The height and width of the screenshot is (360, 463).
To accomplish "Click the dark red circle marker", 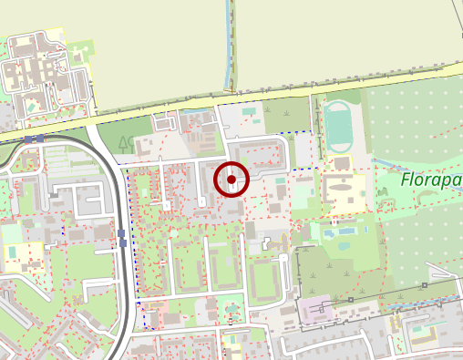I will (x=231, y=180).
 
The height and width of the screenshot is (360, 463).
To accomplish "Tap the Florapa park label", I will (x=430, y=180).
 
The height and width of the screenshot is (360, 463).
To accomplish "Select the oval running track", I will (x=339, y=127).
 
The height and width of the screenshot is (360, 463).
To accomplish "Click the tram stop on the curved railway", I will (x=121, y=238).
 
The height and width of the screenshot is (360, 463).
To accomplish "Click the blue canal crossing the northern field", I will (x=229, y=46).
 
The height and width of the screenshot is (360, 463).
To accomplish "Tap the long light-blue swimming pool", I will (x=344, y=232).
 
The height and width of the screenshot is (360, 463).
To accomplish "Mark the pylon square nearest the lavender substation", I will (x=351, y=300).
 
